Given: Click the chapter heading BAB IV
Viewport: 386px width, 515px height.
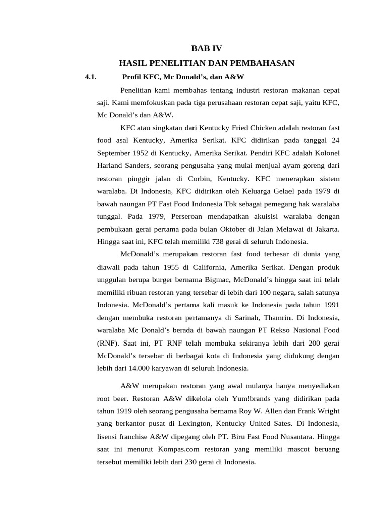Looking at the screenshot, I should click(x=206, y=49).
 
